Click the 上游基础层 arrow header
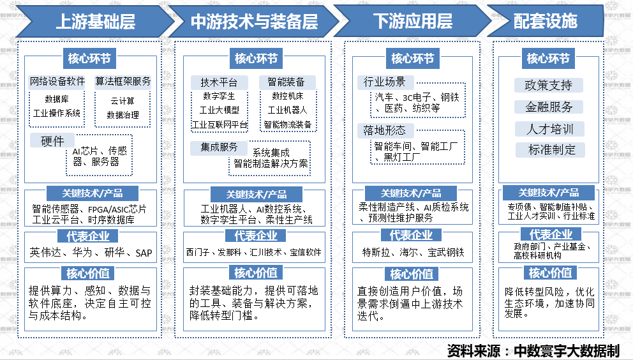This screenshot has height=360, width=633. coord(95,21)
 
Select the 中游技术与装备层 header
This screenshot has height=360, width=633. coord(254,21)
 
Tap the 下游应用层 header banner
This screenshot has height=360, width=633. coord(413,21)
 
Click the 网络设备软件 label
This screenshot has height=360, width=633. coord(57,82)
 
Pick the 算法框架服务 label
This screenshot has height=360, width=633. coord(123,82)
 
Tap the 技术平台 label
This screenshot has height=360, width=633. coord(219,82)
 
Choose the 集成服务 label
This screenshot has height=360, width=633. coord(219,147)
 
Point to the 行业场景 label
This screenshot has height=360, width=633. coord(384,82)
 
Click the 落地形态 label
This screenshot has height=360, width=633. coord(384,131)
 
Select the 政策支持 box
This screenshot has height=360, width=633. coord(548,85)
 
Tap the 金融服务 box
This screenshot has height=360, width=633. coord(548,107)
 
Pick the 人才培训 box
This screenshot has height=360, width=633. coord(548,129)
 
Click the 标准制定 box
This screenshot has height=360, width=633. coord(548,150)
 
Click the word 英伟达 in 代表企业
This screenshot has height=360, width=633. coord(46,253)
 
